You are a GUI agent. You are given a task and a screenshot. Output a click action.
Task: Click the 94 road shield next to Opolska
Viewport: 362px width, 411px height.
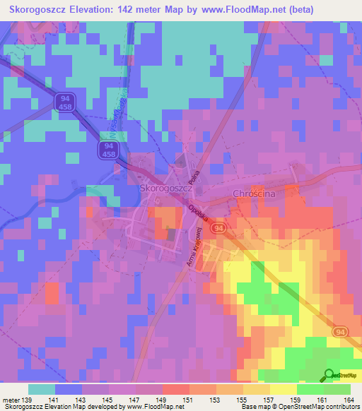220,230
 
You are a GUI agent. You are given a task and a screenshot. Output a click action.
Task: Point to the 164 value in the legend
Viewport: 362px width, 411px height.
349,399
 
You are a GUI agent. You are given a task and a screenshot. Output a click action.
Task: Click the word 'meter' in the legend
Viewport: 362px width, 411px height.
11,399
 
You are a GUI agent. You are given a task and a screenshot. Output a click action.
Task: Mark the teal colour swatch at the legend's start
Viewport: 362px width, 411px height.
42,389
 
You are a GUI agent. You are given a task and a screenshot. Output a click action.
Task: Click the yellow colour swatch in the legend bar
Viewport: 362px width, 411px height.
283,389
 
